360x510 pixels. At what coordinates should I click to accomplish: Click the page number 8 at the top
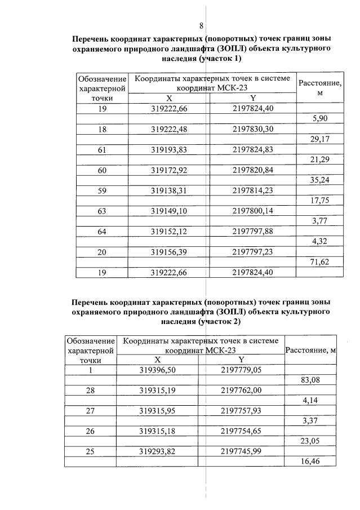[x=201, y=25]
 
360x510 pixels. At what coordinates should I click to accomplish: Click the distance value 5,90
[x=319, y=118]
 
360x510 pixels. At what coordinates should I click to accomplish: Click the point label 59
[x=102, y=190]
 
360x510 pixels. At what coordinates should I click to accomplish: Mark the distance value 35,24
[x=319, y=180]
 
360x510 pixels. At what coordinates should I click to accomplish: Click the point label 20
[x=102, y=252]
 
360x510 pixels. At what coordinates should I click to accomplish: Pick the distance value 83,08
[x=310, y=380]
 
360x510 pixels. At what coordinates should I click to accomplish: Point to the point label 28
[x=90, y=391]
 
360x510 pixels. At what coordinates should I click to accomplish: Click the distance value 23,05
[x=310, y=442]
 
